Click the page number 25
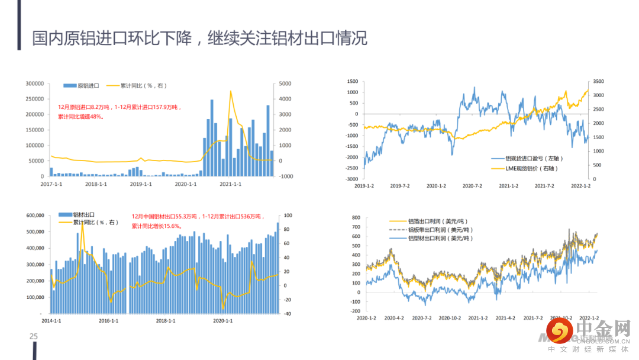coord(34,337)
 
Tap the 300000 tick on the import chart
coord(34,83)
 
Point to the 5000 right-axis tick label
coord(286,83)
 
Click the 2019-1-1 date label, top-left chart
coord(141,184)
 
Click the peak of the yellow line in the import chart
coord(230,91)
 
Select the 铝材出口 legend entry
coord(84,214)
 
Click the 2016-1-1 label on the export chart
coord(108,321)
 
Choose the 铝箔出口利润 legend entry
coord(438,221)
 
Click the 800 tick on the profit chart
coord(356,218)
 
